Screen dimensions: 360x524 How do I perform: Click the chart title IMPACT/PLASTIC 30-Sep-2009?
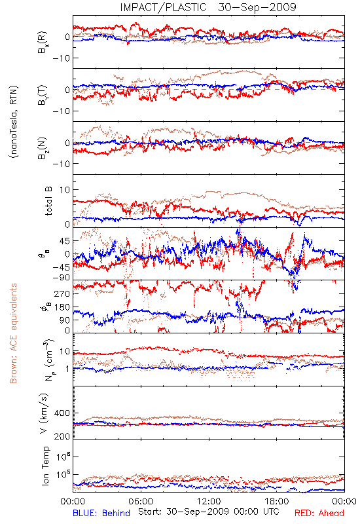[x=208, y=7]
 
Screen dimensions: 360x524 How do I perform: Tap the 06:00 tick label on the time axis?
[x=141, y=501]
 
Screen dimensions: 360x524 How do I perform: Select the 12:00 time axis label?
[x=209, y=501]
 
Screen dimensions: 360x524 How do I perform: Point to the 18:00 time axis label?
[x=277, y=501]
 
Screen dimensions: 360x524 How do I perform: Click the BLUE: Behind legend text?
[x=101, y=514]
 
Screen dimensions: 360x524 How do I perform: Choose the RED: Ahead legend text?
[x=319, y=514]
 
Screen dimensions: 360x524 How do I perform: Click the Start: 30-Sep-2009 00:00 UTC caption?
[x=208, y=512]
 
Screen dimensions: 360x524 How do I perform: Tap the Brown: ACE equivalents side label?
[x=13, y=333]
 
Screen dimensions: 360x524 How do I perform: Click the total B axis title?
[x=48, y=201]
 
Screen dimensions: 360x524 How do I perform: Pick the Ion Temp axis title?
[x=45, y=465]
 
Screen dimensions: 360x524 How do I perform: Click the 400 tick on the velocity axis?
[x=62, y=413]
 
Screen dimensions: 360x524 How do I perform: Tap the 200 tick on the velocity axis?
[x=62, y=436]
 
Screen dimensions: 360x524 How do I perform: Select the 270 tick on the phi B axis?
[x=62, y=293]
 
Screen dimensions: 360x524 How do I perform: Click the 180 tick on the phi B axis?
[x=62, y=307]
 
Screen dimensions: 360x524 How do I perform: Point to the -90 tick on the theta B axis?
[x=61, y=278]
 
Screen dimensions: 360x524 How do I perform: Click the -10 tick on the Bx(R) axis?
[x=61, y=58]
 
